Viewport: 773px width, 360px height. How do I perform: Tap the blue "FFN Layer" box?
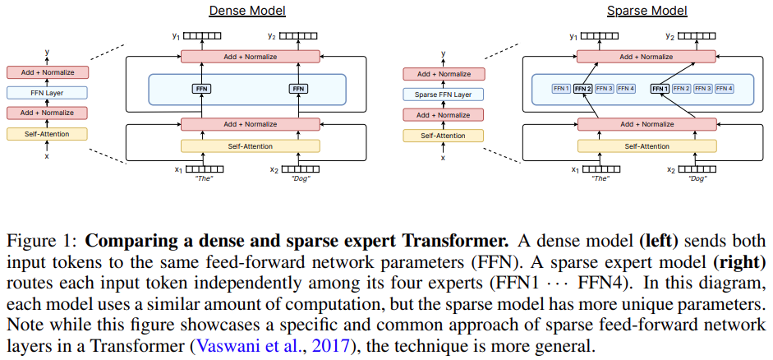47,93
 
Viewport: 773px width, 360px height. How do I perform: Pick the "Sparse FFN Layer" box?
444,94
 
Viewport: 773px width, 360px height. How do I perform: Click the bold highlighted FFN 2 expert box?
582,88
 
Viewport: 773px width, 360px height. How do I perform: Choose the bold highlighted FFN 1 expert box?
660,88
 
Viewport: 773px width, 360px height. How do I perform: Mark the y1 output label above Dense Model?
175,36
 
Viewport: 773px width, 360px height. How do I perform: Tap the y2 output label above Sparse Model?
669,36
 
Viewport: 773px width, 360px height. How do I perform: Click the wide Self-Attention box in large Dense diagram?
250,146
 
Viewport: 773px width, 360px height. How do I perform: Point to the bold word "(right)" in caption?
738,263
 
